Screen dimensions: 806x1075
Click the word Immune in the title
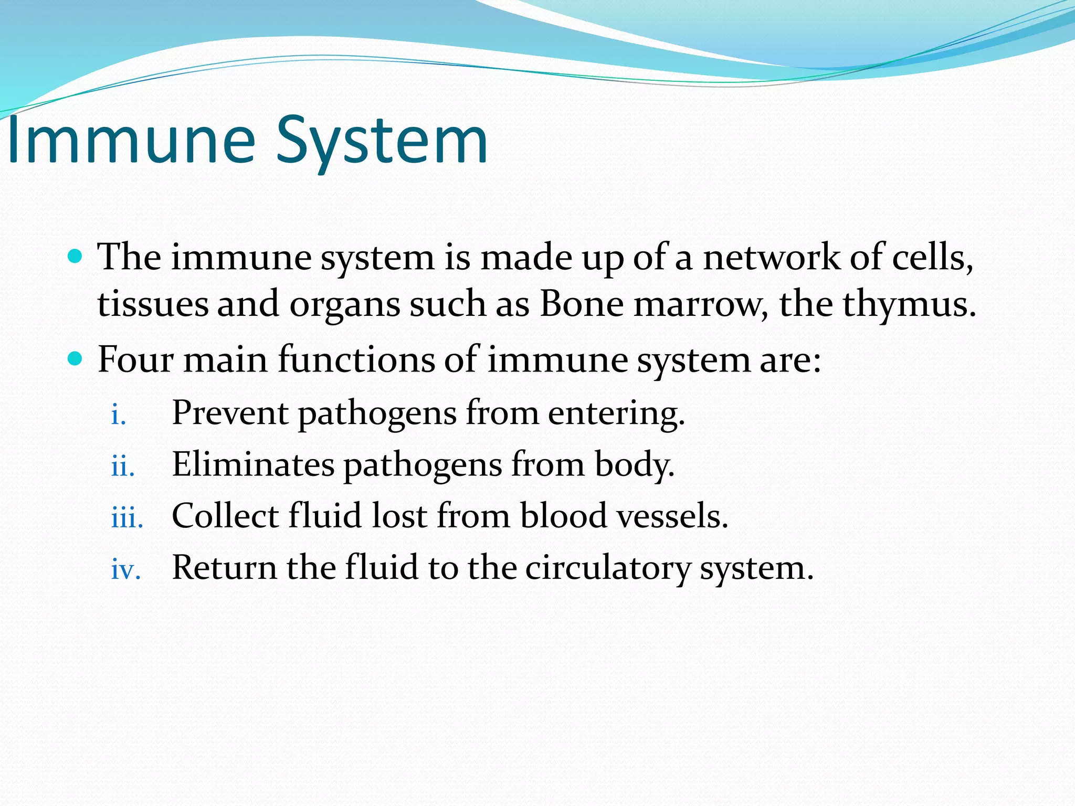click(x=131, y=141)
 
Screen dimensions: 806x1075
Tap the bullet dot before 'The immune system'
click(x=76, y=257)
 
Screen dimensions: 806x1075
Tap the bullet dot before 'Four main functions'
click(x=76, y=359)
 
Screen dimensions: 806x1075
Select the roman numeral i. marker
click(x=119, y=415)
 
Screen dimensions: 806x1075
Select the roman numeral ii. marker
click(x=123, y=466)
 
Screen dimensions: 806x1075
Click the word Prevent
click(x=229, y=413)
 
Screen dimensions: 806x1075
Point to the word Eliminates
click(x=253, y=464)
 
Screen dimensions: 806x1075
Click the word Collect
click(x=225, y=516)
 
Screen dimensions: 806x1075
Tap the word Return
click(x=224, y=568)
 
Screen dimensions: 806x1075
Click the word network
click(x=771, y=257)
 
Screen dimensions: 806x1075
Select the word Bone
click(x=582, y=304)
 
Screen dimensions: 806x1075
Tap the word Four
click(x=135, y=360)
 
